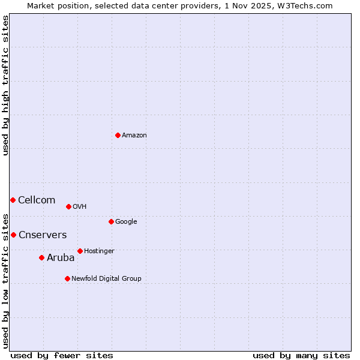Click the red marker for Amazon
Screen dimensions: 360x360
point(118,135)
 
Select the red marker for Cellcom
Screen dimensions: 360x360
point(13,200)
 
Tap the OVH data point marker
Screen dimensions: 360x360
point(68,206)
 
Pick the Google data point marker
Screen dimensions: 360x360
point(111,221)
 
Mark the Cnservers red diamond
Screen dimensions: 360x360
point(13,235)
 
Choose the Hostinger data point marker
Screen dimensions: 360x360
point(80,251)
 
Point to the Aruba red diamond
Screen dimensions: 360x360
point(41,257)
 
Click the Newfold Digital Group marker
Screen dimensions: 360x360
point(67,278)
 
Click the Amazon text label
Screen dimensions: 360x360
point(134,136)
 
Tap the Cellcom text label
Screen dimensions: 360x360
point(37,200)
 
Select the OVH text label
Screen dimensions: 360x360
point(80,207)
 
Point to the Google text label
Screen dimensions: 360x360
point(126,222)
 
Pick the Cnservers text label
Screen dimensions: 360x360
point(43,235)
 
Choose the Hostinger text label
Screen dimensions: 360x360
point(99,251)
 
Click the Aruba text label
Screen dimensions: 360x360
point(61,258)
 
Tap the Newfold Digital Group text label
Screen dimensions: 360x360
point(106,279)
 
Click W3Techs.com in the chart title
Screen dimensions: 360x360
point(305,5)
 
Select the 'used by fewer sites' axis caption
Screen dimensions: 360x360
point(62,355)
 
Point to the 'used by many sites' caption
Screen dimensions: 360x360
point(301,355)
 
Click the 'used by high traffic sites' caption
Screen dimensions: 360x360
point(5,85)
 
